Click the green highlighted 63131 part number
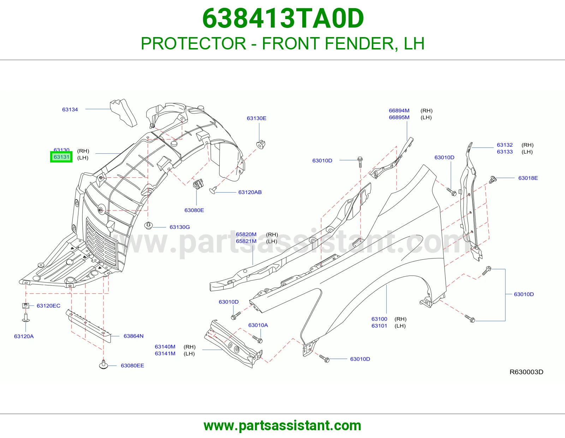pos(61,157)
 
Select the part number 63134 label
pos(70,109)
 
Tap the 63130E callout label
pos(256,118)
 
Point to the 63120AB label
pos(250,192)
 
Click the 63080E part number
pos(194,210)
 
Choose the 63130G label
pos(180,227)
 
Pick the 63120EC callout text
pos(48,306)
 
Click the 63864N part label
pos(133,336)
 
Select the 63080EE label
pos(132,366)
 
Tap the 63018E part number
pos(528,178)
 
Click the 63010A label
pos(258,325)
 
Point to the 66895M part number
pos(399,117)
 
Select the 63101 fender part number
pos(379,326)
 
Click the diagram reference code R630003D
pos(526,372)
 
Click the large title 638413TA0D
pos(283,18)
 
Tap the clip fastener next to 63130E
pos(261,144)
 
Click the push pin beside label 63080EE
pos(103,365)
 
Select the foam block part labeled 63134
pos(123,113)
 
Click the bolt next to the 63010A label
pos(257,339)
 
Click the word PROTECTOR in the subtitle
pos(193,43)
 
